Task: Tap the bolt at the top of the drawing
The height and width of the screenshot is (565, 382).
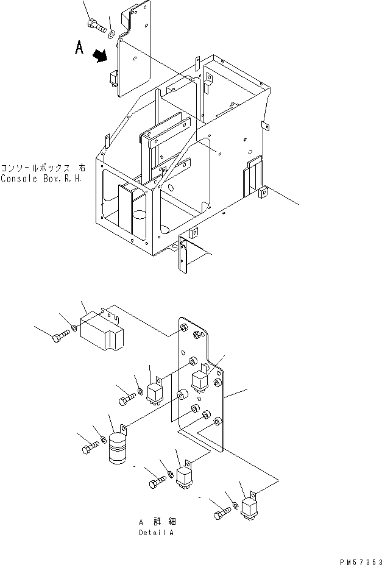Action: tap(94, 24)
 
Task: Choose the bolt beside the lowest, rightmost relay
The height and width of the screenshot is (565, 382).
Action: tap(221, 515)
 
